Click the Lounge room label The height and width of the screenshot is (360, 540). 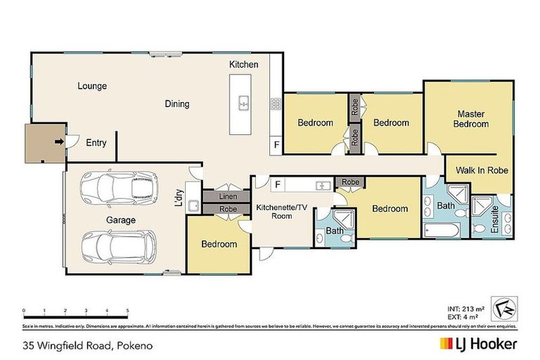tap(92, 86)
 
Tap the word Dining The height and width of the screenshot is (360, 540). tap(177, 104)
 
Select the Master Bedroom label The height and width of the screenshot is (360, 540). tap(471, 119)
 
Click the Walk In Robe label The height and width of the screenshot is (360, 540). tap(482, 170)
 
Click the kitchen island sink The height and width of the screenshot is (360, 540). tap(243, 103)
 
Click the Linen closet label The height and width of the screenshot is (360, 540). tap(227, 197)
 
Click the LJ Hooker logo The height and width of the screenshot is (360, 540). tap(479, 344)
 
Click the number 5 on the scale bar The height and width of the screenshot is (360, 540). tap(127, 310)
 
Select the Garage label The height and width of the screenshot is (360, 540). tap(122, 220)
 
